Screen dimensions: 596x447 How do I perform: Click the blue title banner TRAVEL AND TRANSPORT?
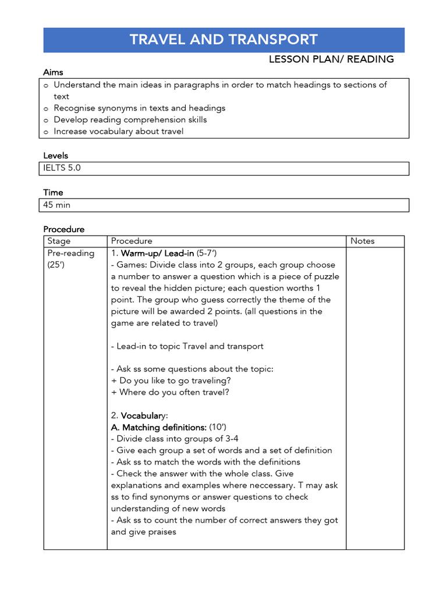[x=223, y=40]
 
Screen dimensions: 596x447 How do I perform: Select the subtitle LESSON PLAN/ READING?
[x=331, y=59]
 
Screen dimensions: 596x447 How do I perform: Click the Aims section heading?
[x=53, y=72]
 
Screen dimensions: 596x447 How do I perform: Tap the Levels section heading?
[x=55, y=155]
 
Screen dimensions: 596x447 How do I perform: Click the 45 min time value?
[x=57, y=205]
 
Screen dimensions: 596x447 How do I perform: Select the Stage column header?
[x=59, y=241]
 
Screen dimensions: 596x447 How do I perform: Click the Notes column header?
[x=362, y=241]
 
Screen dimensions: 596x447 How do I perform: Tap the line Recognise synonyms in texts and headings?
[x=139, y=108]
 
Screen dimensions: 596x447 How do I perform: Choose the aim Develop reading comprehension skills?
[x=130, y=119]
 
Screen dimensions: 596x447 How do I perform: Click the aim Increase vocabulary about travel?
[x=118, y=131]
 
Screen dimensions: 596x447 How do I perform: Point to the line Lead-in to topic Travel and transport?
[x=187, y=346]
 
